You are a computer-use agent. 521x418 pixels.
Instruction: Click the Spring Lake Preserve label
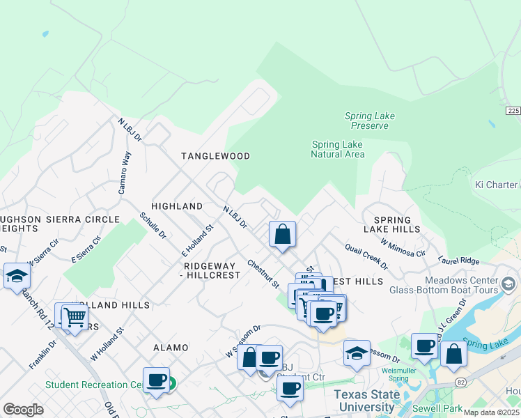366,121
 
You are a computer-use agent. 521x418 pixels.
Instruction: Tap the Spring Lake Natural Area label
337,149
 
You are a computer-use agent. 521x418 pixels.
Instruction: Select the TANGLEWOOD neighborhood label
215,156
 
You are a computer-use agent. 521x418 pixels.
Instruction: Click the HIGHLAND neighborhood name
177,206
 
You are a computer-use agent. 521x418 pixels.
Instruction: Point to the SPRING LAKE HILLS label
392,224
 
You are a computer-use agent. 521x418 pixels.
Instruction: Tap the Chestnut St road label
263,274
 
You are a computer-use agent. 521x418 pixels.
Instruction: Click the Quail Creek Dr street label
365,257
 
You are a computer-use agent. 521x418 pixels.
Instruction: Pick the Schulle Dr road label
153,226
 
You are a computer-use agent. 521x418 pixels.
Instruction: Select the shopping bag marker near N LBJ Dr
283,234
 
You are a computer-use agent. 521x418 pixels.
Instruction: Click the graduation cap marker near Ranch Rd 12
17,276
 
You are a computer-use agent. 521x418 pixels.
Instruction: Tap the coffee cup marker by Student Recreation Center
157,380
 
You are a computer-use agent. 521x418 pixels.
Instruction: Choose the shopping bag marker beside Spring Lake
453,354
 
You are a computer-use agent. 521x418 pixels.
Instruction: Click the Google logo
23,410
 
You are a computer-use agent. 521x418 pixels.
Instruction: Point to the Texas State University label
366,401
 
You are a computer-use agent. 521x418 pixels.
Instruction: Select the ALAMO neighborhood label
171,347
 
